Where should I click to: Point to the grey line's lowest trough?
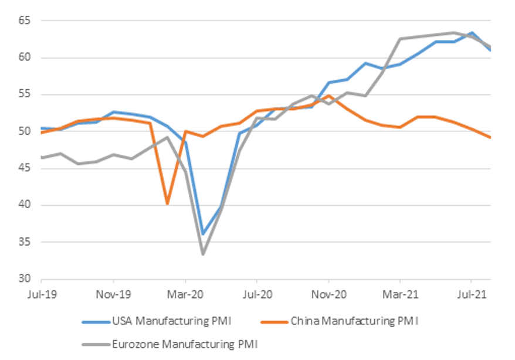point(203,254)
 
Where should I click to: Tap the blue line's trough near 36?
point(203,234)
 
